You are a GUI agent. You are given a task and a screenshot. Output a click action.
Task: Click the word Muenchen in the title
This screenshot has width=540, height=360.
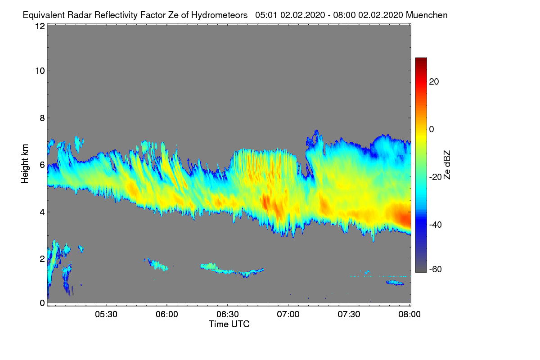(427, 15)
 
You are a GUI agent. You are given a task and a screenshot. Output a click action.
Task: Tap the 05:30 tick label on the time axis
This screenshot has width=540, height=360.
(106, 315)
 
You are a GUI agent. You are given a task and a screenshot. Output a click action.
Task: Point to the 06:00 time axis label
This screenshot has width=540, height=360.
(167, 315)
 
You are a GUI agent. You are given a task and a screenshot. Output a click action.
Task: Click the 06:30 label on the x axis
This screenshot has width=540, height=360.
(228, 315)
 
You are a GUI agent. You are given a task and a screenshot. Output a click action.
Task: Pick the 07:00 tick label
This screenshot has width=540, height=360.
(288, 315)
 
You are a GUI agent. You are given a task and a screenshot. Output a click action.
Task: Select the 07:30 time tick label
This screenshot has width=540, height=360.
(349, 315)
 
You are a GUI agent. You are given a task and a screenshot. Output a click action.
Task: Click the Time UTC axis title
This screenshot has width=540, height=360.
(229, 324)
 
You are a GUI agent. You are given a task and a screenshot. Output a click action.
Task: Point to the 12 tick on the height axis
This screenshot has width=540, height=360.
(40, 26)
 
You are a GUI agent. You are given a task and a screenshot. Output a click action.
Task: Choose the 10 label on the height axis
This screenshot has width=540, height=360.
(40, 71)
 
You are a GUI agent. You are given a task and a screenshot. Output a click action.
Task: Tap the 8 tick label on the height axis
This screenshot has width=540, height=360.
(42, 118)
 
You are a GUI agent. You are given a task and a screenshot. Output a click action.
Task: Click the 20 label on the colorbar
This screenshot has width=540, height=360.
(434, 82)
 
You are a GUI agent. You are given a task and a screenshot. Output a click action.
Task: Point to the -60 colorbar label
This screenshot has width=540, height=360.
(436, 270)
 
